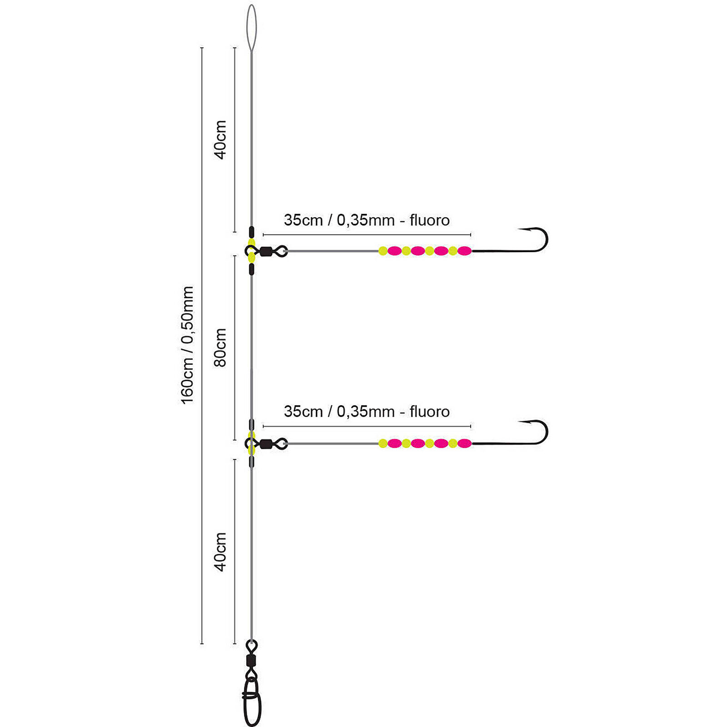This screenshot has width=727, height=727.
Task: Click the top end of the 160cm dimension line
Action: pos(202,47)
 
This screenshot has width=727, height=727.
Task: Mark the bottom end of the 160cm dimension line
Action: pos(202,643)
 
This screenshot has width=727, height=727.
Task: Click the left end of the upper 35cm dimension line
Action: pos(264,234)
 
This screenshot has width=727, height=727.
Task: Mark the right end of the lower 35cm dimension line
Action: pos(471,426)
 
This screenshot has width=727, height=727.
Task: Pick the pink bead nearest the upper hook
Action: pos(464,251)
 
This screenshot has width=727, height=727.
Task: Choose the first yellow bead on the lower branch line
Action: pos(383,443)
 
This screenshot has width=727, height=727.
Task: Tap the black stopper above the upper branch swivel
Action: pos(251,232)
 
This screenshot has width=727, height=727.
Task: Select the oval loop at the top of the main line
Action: pos(251,28)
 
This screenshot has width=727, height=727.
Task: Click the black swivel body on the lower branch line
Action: pos(266,443)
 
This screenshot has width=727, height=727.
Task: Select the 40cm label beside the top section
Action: pos(220,139)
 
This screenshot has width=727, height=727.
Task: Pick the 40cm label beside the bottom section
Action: pos(220,552)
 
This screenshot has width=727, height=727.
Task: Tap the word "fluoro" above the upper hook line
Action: pos(429,220)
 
